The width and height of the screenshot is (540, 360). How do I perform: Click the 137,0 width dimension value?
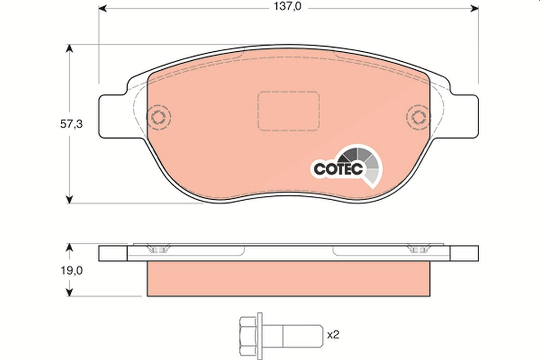pyautogui.click(x=288, y=7)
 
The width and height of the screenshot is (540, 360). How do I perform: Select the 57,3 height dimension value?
pyautogui.click(x=72, y=124)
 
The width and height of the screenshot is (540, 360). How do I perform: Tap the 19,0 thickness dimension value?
pyautogui.click(x=72, y=271)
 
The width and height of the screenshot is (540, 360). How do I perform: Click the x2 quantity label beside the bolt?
pyautogui.click(x=333, y=335)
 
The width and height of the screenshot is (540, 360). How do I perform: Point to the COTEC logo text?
pyautogui.click(x=338, y=169)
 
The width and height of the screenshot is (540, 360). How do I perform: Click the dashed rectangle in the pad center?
pyautogui.click(x=288, y=111)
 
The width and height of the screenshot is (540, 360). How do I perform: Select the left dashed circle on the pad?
pyautogui.click(x=158, y=117)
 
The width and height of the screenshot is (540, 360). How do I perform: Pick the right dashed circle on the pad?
pyautogui.click(x=418, y=117)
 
